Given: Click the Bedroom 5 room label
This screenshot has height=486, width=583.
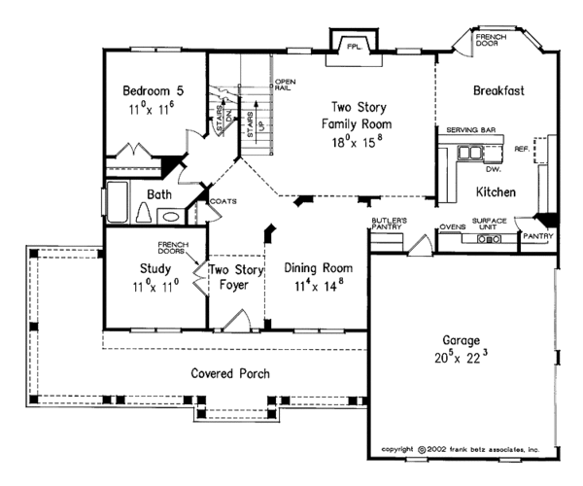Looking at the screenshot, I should (x=153, y=91).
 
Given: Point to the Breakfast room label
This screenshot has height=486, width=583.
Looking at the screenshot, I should (x=498, y=90).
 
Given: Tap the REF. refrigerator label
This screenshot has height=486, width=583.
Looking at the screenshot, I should (x=520, y=150).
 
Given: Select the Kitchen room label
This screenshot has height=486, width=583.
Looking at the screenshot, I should (x=495, y=191).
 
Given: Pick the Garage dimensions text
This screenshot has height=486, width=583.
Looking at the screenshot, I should (x=463, y=358).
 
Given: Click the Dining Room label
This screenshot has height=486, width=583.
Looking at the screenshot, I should (x=319, y=267).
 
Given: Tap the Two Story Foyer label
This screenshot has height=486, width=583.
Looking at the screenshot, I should (x=231, y=277).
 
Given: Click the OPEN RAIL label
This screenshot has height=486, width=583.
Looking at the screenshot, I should (x=285, y=85).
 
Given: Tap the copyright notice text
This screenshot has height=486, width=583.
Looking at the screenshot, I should (x=463, y=450).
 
